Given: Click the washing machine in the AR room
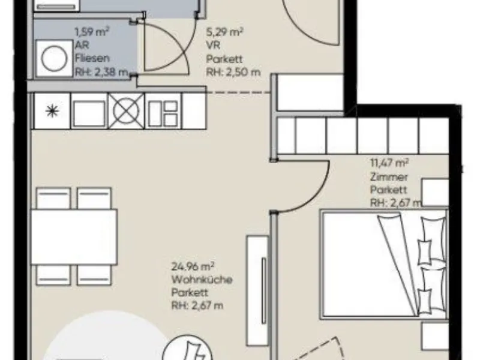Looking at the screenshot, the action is tap(54, 58).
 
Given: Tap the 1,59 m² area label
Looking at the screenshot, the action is tap(92, 32).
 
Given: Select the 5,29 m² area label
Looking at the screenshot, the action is tap(224, 32).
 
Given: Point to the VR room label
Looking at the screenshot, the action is tap(213, 45).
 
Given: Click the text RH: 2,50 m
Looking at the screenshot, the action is tap(233, 72).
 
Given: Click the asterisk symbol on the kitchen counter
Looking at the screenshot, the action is tap(52, 111).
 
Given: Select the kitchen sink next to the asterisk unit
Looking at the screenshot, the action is tap(89, 111).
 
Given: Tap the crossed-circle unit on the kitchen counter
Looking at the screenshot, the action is tap(126, 111).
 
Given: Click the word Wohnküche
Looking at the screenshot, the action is tap(202, 280).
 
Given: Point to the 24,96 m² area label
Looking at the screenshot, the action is tap(193, 266).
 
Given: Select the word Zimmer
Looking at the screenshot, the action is tap(389, 177).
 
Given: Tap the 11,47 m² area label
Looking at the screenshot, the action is tap(389, 163).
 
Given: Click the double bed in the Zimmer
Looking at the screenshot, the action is tap(384, 265).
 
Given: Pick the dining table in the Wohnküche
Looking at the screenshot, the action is tap(74, 236).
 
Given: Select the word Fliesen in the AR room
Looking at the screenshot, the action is tap(92, 58).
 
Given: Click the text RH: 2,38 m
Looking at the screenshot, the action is tap(101, 72).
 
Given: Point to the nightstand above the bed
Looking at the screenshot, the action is tap(436, 192).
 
